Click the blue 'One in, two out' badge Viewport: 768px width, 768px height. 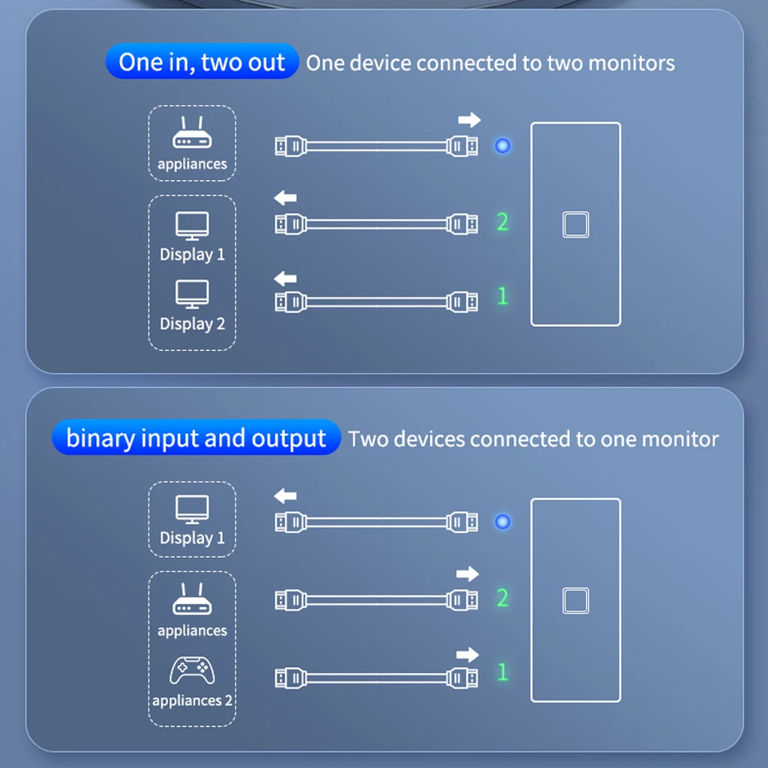[x=202, y=61]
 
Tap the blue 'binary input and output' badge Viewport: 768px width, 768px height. [x=196, y=437]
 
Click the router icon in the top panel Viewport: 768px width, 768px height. [x=192, y=132]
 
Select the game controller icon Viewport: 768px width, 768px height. [x=192, y=670]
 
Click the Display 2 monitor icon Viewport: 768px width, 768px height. [x=192, y=294]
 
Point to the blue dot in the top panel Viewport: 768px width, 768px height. [x=502, y=145]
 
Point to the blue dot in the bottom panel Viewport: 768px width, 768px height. [x=502, y=522]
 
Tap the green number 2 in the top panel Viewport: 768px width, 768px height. [x=502, y=222]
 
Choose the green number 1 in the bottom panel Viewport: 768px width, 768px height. [x=502, y=672]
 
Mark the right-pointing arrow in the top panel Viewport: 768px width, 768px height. [x=469, y=119]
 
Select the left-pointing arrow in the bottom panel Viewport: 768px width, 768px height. [x=285, y=496]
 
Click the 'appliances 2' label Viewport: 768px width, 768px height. [x=192, y=700]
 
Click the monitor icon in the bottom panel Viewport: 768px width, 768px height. [x=192, y=509]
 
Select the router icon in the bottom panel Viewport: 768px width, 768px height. [x=192, y=598]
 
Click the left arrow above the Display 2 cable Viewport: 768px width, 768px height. [x=285, y=279]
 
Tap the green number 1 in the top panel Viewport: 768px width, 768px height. [x=502, y=295]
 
